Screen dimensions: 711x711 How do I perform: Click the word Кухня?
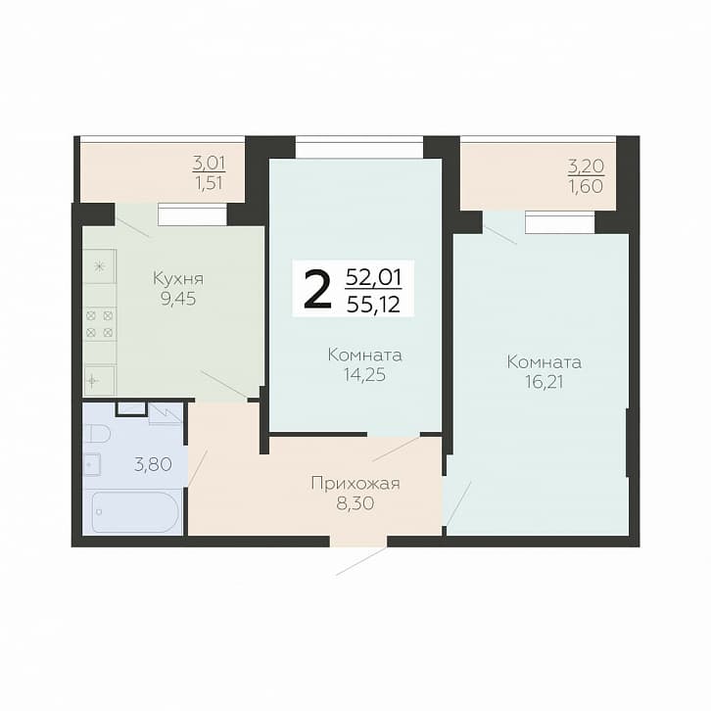click(x=178, y=278)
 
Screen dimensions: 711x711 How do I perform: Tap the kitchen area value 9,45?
click(x=178, y=299)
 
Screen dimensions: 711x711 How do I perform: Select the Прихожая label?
click(x=355, y=484)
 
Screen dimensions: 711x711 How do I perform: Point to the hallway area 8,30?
click(x=355, y=503)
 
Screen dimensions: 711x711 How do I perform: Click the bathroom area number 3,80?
click(x=153, y=464)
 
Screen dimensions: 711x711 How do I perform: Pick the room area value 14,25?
click(x=364, y=374)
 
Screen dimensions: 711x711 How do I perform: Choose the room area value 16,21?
click(x=544, y=382)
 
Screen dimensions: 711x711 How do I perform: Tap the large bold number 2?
click(x=317, y=288)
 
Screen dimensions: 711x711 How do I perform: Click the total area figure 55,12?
click(x=373, y=305)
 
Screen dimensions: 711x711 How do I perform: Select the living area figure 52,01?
click(x=373, y=276)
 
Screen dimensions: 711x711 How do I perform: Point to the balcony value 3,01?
click(x=209, y=164)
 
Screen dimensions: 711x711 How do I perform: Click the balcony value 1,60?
click(x=586, y=186)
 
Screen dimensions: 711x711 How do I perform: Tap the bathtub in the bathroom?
click(x=135, y=512)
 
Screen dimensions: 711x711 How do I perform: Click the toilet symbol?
click(x=100, y=433)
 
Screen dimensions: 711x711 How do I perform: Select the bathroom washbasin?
click(x=92, y=464)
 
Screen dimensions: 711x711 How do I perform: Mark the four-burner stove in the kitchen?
click(x=99, y=324)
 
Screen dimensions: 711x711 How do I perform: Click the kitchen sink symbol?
click(x=99, y=380)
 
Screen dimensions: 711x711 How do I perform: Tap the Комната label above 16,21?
click(x=544, y=362)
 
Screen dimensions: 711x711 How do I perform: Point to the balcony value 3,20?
click(x=586, y=166)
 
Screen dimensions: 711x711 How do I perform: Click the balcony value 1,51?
click(x=209, y=183)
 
